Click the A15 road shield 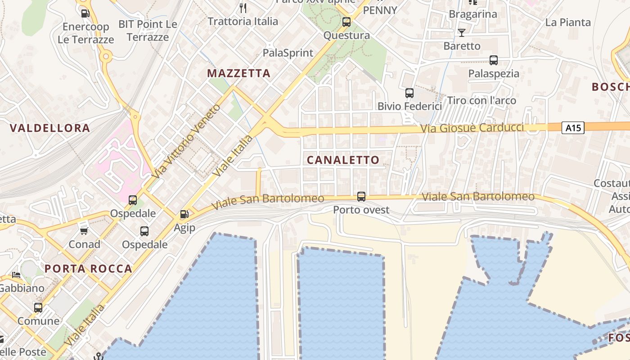(573, 128)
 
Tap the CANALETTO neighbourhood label (343, 160)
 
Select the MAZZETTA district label (238, 73)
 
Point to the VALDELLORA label (50, 128)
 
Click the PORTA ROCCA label (88, 269)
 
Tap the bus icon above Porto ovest (361, 196)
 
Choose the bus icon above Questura (346, 22)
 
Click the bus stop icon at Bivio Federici (409, 93)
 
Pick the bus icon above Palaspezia (494, 60)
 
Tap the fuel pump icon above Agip (184, 214)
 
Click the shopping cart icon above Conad (84, 231)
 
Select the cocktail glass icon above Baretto (462, 32)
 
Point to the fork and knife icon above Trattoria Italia (243, 8)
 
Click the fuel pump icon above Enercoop (85, 13)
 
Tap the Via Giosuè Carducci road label (472, 128)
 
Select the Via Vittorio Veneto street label (186, 140)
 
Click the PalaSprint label (288, 53)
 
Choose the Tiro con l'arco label (481, 100)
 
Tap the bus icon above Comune (38, 308)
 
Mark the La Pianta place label (568, 22)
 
